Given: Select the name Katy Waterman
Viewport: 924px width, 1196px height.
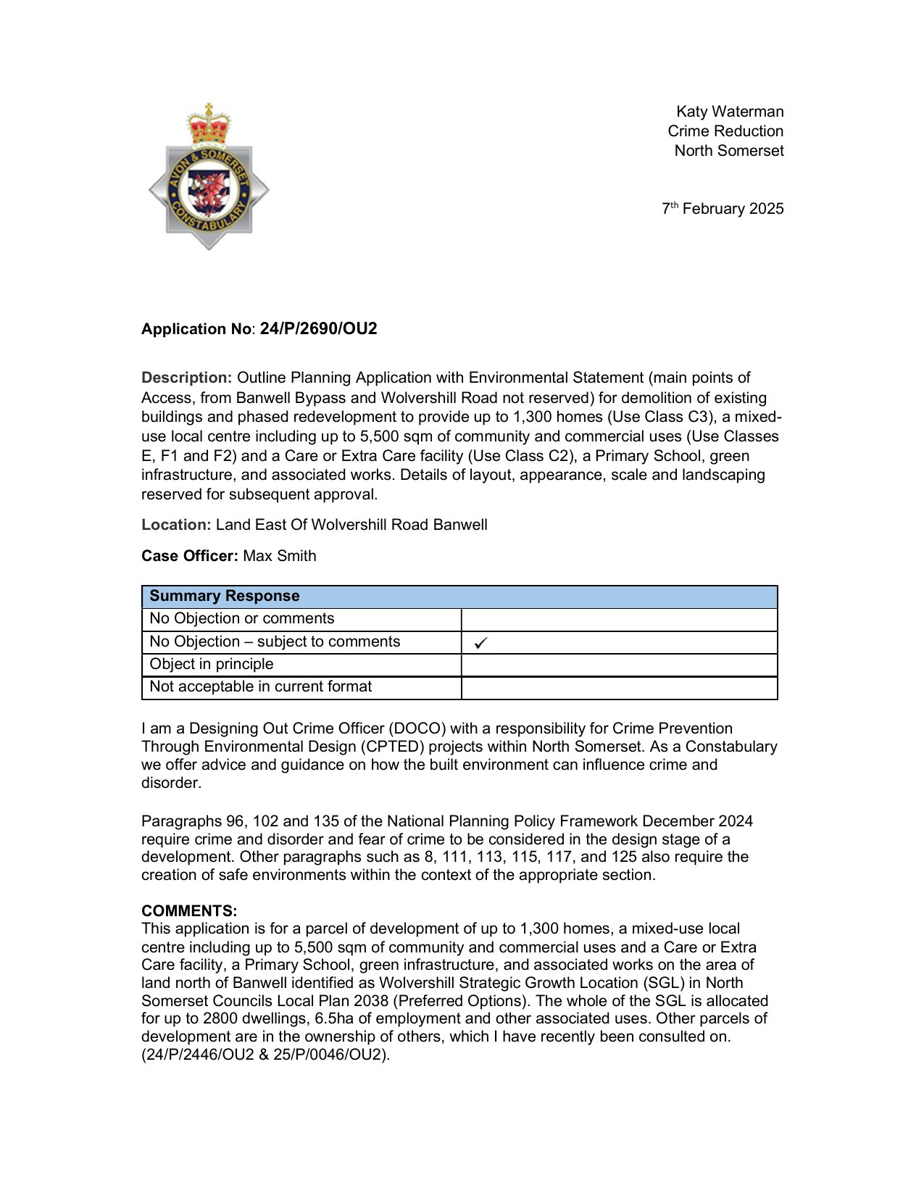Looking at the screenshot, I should click(x=729, y=112).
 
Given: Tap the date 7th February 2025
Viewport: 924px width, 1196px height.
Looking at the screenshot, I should click(x=723, y=209).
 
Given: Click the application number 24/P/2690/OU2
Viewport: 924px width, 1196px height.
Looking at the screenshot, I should click(x=318, y=329).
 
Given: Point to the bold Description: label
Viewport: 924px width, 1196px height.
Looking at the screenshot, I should click(x=186, y=378).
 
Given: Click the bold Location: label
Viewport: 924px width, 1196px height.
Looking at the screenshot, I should click(x=176, y=525).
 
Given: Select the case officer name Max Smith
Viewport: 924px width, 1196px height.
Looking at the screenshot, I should click(x=280, y=556).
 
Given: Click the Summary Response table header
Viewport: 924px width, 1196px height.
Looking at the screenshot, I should click(x=224, y=596).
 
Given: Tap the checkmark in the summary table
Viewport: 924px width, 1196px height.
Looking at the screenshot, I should click(x=480, y=642).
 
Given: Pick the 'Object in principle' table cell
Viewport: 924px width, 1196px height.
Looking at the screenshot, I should click(x=212, y=664).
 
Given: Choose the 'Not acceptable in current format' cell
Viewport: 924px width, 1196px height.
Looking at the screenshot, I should click(x=260, y=686).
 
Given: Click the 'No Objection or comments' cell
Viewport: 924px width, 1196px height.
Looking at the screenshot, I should click(x=241, y=618).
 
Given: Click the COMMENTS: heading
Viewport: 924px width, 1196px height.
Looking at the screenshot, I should click(x=189, y=911).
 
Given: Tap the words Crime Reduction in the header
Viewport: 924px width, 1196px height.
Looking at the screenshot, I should click(x=725, y=131).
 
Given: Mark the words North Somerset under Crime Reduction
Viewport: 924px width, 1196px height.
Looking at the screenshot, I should click(x=729, y=151).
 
